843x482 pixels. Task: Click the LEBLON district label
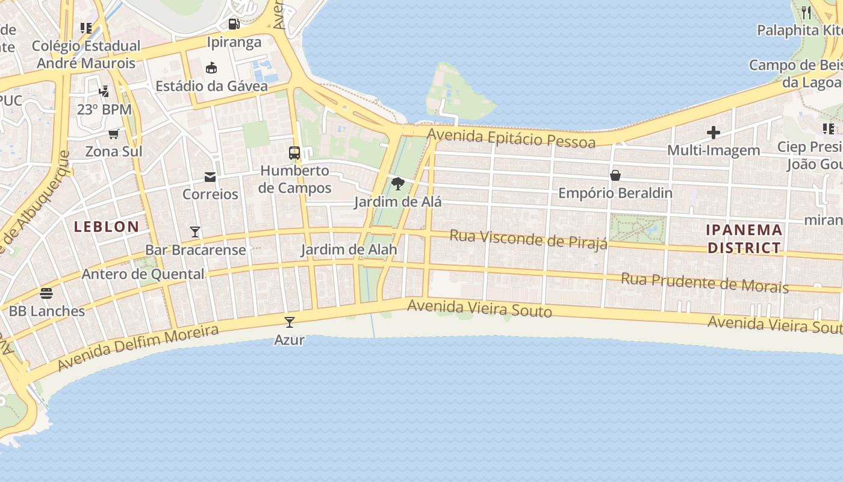pos(107,227)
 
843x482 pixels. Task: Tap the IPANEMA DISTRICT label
pos(744,239)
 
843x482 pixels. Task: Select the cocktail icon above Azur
pos(290,322)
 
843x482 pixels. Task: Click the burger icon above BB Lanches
pos(46,293)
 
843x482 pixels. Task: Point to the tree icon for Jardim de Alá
pos(397,184)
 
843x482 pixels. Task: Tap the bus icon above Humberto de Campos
pos(294,152)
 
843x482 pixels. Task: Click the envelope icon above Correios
pos(210,177)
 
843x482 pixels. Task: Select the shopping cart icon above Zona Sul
pos(114,133)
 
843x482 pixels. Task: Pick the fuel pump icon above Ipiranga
pos(234,24)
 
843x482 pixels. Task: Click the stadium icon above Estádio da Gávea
pos(211,67)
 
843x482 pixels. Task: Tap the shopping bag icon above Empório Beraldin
pos(615,175)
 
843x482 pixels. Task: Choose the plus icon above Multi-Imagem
pos(714,133)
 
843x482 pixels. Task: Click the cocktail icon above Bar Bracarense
pos(195,232)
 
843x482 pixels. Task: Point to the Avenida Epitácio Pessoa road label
pos(511,138)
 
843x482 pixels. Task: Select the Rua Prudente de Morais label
pos(705,282)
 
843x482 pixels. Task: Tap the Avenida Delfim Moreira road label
pos(138,348)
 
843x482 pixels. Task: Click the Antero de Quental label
pos(143,274)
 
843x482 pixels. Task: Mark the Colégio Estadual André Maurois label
pos(86,54)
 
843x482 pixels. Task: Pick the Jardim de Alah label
pos(349,249)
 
